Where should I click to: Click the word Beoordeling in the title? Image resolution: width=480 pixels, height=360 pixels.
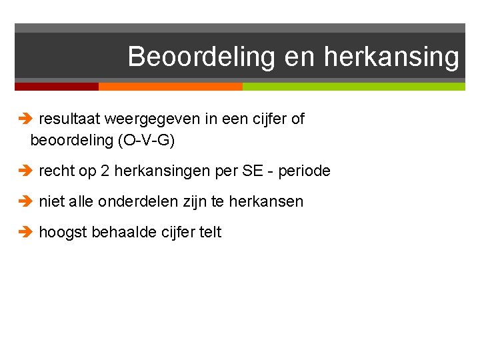point(201,57)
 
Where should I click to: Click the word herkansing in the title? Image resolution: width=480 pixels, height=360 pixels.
point(391,57)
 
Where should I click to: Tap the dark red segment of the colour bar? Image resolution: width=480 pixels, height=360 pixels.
point(57,87)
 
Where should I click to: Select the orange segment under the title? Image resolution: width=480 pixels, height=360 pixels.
point(170,87)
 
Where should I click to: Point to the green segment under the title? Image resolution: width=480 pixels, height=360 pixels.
point(353,87)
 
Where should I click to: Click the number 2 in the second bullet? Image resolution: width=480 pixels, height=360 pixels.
point(105,171)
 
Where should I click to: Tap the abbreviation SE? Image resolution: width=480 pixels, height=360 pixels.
point(253,171)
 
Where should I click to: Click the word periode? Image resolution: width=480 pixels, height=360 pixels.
point(305,171)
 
